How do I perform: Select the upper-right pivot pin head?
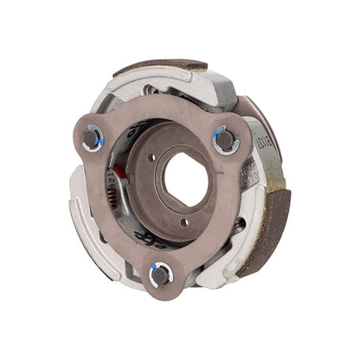click(225, 138)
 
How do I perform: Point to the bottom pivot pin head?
click(161, 276)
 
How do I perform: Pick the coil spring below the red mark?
click(130, 208)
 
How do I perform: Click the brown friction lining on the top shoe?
click(161, 66)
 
